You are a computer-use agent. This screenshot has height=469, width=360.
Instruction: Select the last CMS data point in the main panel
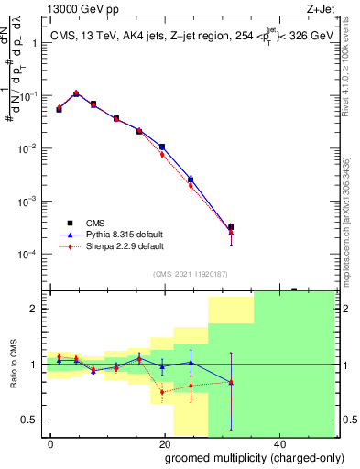tap(231, 227)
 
